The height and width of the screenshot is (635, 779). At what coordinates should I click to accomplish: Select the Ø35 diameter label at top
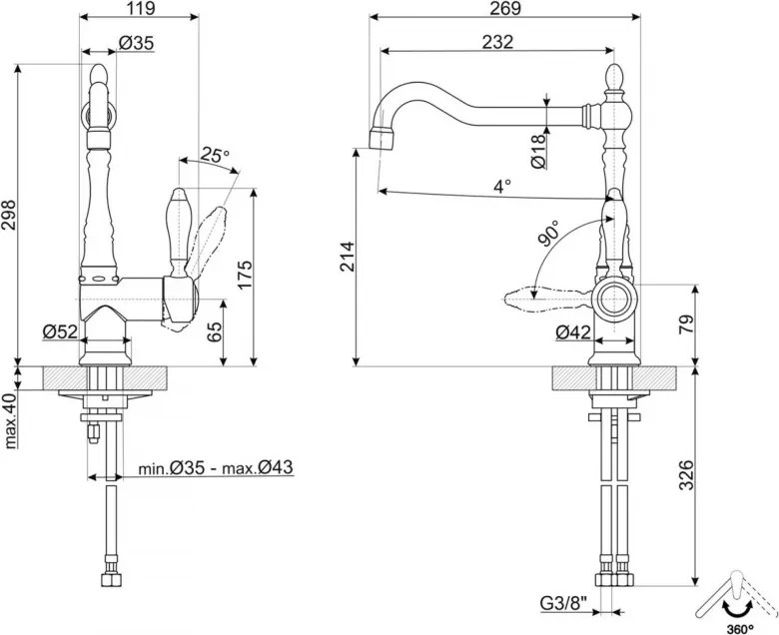point(136,43)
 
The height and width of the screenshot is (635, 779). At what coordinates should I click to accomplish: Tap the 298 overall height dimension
point(9,216)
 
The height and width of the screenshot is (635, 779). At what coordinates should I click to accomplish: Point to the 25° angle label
point(215,155)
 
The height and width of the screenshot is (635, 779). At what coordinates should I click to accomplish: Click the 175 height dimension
point(246,275)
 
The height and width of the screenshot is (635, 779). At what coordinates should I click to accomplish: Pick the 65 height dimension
point(215,331)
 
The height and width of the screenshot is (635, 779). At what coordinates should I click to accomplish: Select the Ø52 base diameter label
point(60,331)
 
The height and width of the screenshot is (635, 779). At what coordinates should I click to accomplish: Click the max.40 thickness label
point(10,420)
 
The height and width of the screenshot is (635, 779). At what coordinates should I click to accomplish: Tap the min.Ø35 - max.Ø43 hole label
point(215,467)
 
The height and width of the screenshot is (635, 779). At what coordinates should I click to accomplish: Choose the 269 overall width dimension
point(504,8)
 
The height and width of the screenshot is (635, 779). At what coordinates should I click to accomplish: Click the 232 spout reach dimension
point(497,42)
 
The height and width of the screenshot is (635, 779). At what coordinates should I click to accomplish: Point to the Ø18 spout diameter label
point(538,151)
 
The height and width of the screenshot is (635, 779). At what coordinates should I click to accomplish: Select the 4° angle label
point(502,186)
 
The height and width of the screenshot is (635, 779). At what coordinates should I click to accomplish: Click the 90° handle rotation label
point(548,234)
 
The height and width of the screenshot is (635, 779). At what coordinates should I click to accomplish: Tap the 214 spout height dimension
point(347,257)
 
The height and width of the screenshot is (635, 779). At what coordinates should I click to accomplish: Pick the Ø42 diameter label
point(573,332)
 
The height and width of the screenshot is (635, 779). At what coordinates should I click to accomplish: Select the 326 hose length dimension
point(686,475)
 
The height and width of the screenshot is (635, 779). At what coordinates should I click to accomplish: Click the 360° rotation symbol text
point(739,629)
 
